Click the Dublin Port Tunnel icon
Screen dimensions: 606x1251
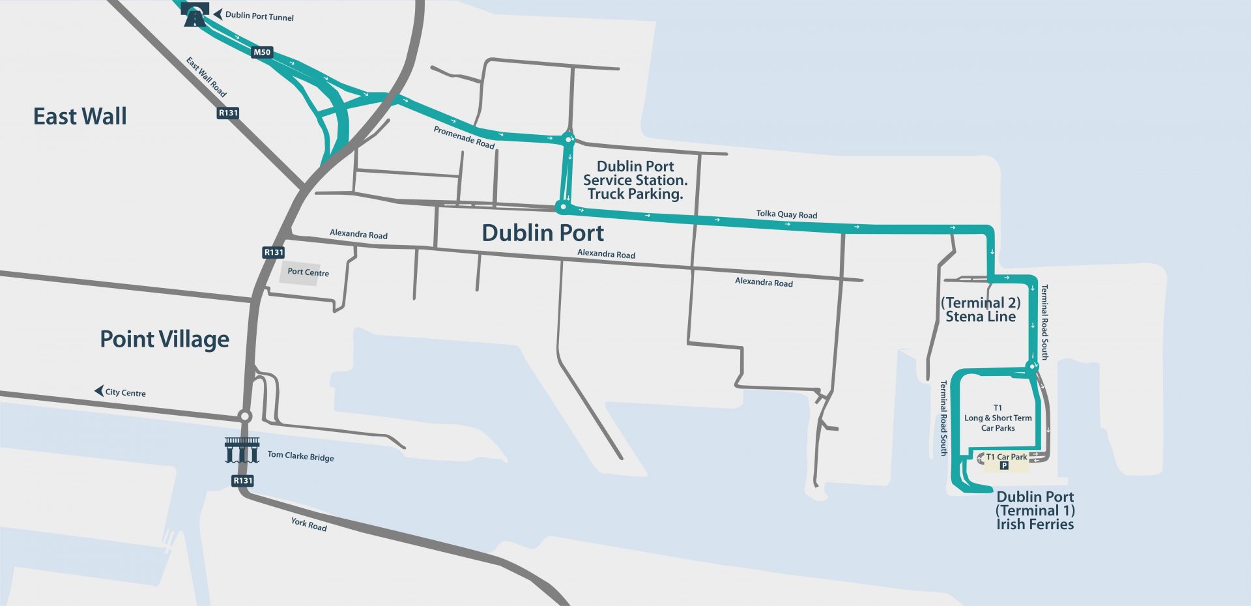195,15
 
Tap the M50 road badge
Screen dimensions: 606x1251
262,52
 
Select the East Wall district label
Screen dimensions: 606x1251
80,117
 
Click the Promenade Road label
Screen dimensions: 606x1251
464,137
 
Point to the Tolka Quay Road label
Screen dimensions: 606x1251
786,214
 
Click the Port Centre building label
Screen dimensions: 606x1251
308,272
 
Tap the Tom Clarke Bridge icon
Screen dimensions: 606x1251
242,450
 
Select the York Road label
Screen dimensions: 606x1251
309,524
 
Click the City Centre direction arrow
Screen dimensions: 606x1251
99,391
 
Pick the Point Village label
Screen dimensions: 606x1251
164,339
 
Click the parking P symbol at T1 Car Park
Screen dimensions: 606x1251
1003,466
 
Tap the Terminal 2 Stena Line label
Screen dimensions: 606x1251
981,310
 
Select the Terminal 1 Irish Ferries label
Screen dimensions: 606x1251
1035,511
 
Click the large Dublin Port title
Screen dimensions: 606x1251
543,233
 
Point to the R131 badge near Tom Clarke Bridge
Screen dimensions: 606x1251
242,481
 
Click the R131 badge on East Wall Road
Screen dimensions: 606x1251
228,113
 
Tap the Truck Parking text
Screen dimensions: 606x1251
635,194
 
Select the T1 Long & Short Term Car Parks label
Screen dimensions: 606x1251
998,418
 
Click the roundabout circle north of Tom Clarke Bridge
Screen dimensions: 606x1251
244,416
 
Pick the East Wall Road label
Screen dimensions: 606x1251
206,77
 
